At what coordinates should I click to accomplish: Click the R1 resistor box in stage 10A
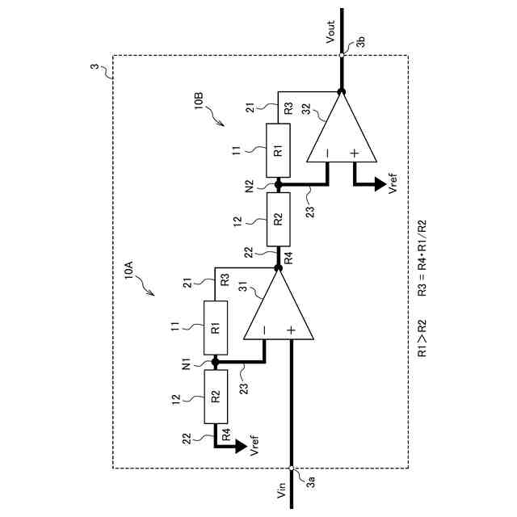coord(215,328)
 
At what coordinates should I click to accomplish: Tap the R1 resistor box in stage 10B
coord(277,150)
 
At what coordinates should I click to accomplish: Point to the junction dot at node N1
coord(215,363)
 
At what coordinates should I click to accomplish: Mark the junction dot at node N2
coord(277,185)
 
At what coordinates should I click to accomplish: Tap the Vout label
coord(330,35)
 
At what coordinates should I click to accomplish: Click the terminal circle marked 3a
coord(291,466)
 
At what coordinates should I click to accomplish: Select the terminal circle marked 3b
coord(341,55)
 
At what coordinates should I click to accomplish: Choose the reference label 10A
coord(128,270)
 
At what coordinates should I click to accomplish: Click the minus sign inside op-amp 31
coord(264,331)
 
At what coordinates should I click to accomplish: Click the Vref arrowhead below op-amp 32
coord(378,185)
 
